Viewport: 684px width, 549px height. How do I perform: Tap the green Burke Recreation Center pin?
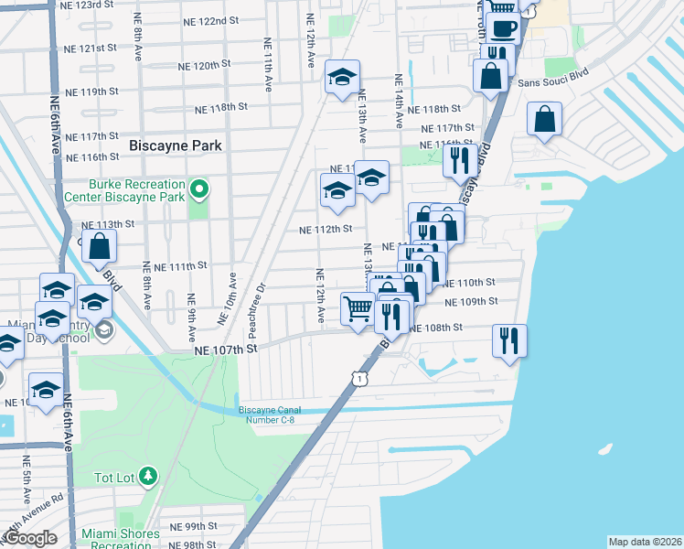click(198, 191)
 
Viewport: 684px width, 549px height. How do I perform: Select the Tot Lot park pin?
click(148, 477)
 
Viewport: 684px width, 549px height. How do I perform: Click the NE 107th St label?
click(222, 350)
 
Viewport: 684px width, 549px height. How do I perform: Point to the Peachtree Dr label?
click(262, 299)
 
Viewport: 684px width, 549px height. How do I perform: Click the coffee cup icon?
click(501, 28)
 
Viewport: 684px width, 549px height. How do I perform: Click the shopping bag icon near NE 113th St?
click(101, 245)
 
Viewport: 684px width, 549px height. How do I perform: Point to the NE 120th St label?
click(204, 66)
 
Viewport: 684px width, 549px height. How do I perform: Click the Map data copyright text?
click(644, 542)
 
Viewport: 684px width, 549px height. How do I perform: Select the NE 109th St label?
click(471, 301)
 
